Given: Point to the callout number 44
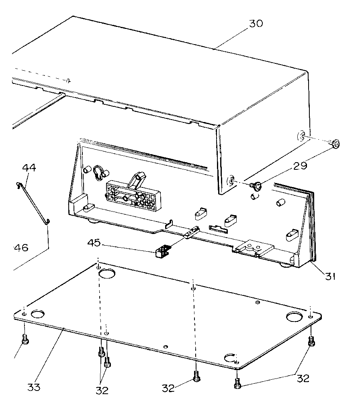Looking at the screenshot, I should tap(29, 168).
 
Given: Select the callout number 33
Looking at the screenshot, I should tap(34, 388).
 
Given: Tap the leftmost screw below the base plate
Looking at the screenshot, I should tap(25, 339).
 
